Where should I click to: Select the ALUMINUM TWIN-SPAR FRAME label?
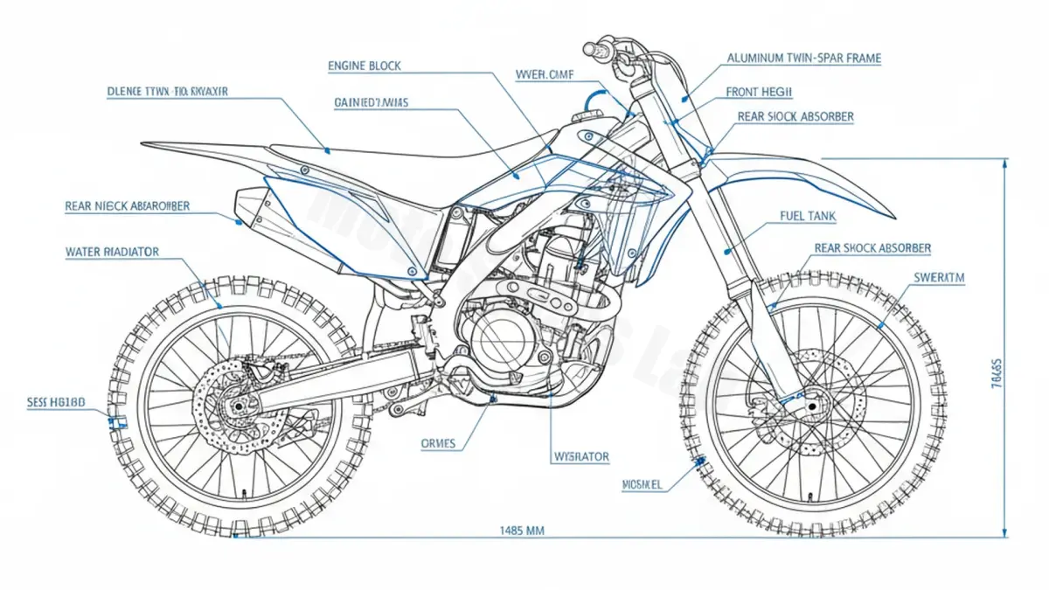pyautogui.click(x=803, y=59)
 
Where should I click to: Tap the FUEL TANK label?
pyautogui.click(x=804, y=215)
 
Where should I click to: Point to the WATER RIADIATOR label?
pyautogui.click(x=112, y=252)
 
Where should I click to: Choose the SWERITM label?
pyautogui.click(x=939, y=277)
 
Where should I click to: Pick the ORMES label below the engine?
pyautogui.click(x=438, y=443)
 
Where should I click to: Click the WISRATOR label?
pyautogui.click(x=581, y=456)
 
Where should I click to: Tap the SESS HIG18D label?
pyautogui.click(x=57, y=403)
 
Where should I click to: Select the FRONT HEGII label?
pyautogui.click(x=759, y=92)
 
